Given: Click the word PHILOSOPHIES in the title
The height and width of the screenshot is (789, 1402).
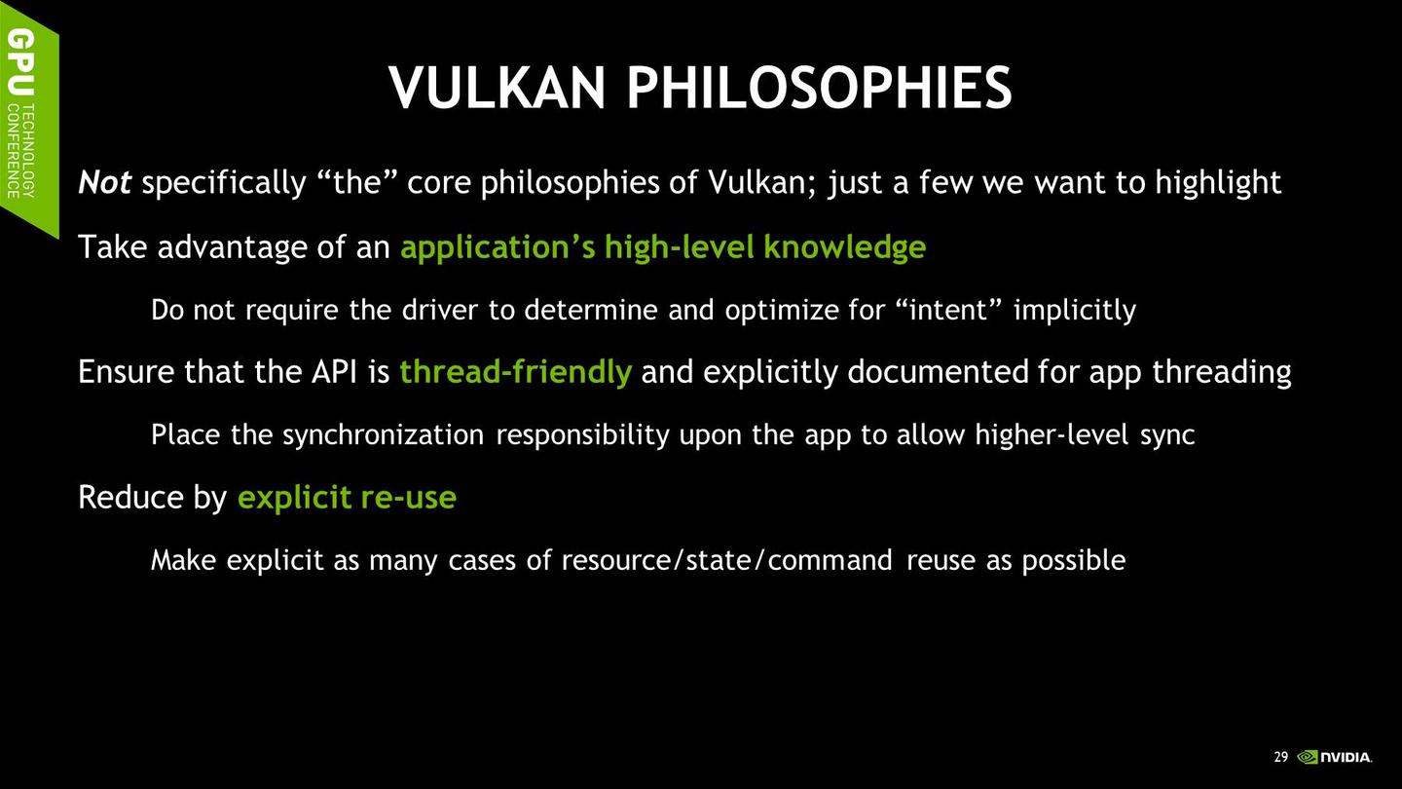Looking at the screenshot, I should click(x=818, y=88).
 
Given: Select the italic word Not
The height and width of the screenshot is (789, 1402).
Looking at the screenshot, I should click(x=105, y=182).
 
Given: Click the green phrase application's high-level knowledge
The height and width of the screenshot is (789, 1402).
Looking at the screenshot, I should click(x=662, y=247).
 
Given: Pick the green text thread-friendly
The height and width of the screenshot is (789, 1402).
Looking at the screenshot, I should click(x=515, y=372).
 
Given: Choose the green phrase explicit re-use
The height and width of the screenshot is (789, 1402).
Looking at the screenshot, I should click(x=347, y=498).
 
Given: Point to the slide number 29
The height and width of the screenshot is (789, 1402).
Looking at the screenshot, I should click(x=1280, y=757).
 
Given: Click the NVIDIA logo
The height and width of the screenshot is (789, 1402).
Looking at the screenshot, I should click(x=1336, y=757).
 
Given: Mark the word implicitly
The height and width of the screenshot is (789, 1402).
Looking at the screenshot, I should click(x=1075, y=311).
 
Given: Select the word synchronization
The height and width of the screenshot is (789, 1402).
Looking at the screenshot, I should click(x=383, y=435).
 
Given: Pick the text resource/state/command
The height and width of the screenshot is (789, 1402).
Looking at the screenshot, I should click(x=726, y=560).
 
